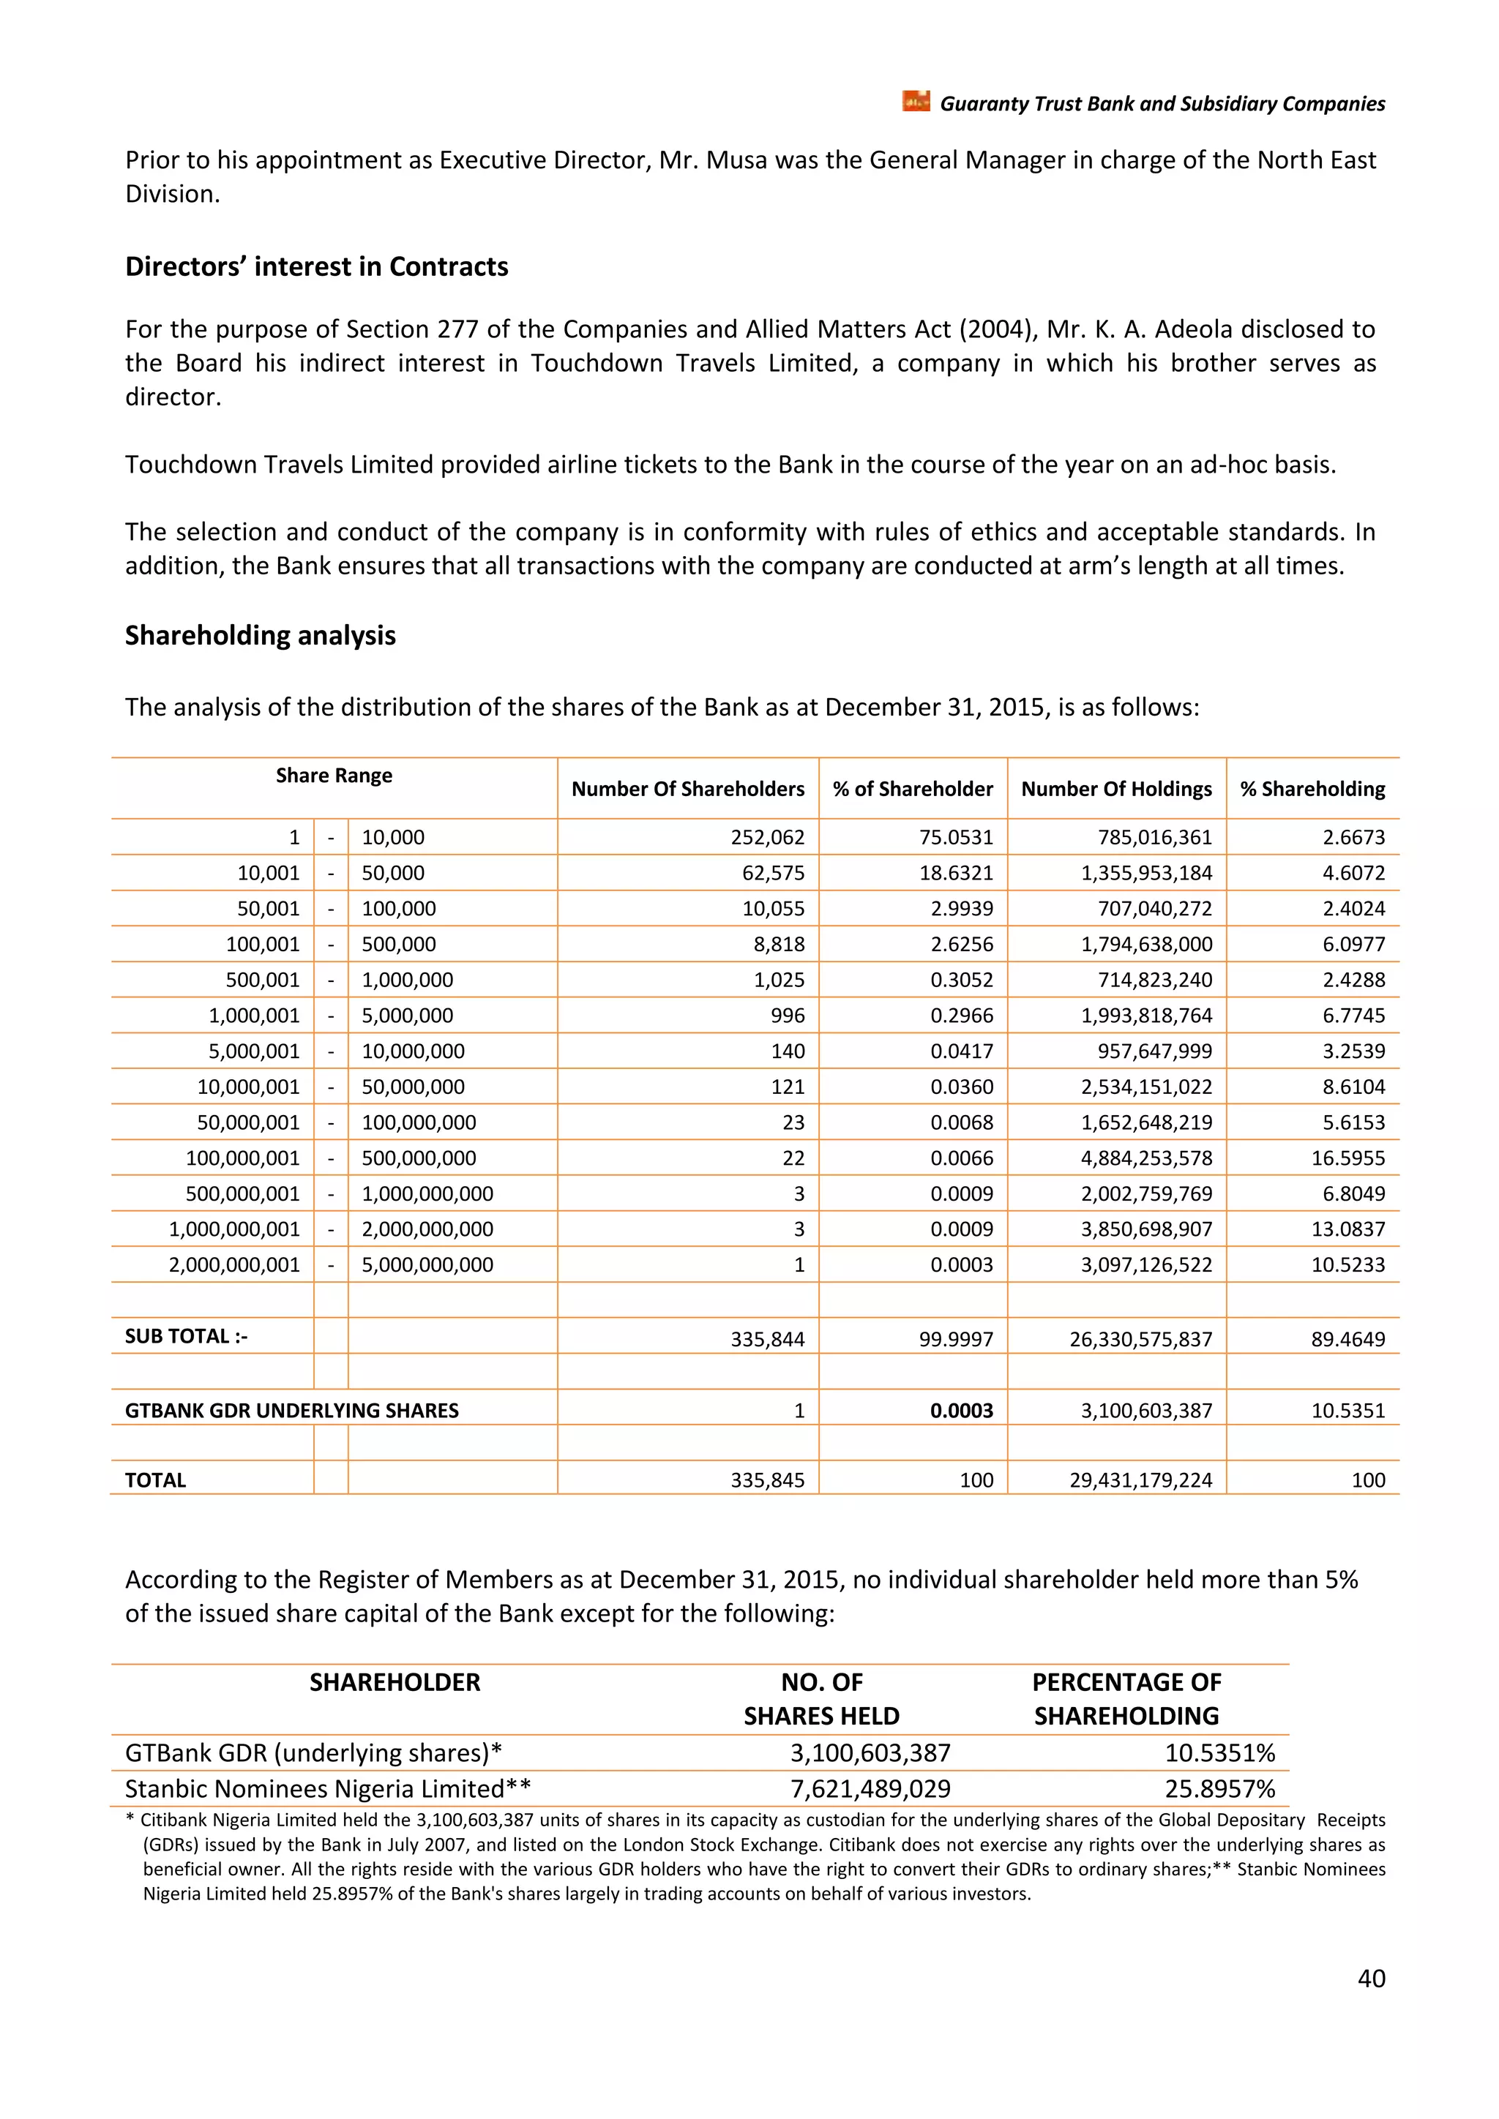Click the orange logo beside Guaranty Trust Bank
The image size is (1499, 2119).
click(x=916, y=102)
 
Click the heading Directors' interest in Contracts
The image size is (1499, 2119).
click(x=317, y=267)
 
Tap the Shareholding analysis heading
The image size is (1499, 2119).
click(x=261, y=636)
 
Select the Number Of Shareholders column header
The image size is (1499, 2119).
click(x=688, y=789)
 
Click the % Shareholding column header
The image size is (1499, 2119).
click(x=1312, y=789)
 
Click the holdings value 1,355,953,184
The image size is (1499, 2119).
click(x=1146, y=873)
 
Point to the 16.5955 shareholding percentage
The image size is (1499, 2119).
click(x=1347, y=1158)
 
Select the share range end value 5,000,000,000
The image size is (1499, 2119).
click(x=427, y=1265)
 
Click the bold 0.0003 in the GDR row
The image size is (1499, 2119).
click(x=961, y=1411)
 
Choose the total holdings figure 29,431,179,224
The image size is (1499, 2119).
click(x=1141, y=1480)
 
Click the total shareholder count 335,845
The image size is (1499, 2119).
click(x=767, y=1480)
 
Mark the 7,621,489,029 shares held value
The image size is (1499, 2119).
click(x=870, y=1788)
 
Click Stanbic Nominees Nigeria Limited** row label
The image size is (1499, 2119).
click(x=328, y=1788)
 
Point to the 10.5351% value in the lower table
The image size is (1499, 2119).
click(x=1219, y=1752)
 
